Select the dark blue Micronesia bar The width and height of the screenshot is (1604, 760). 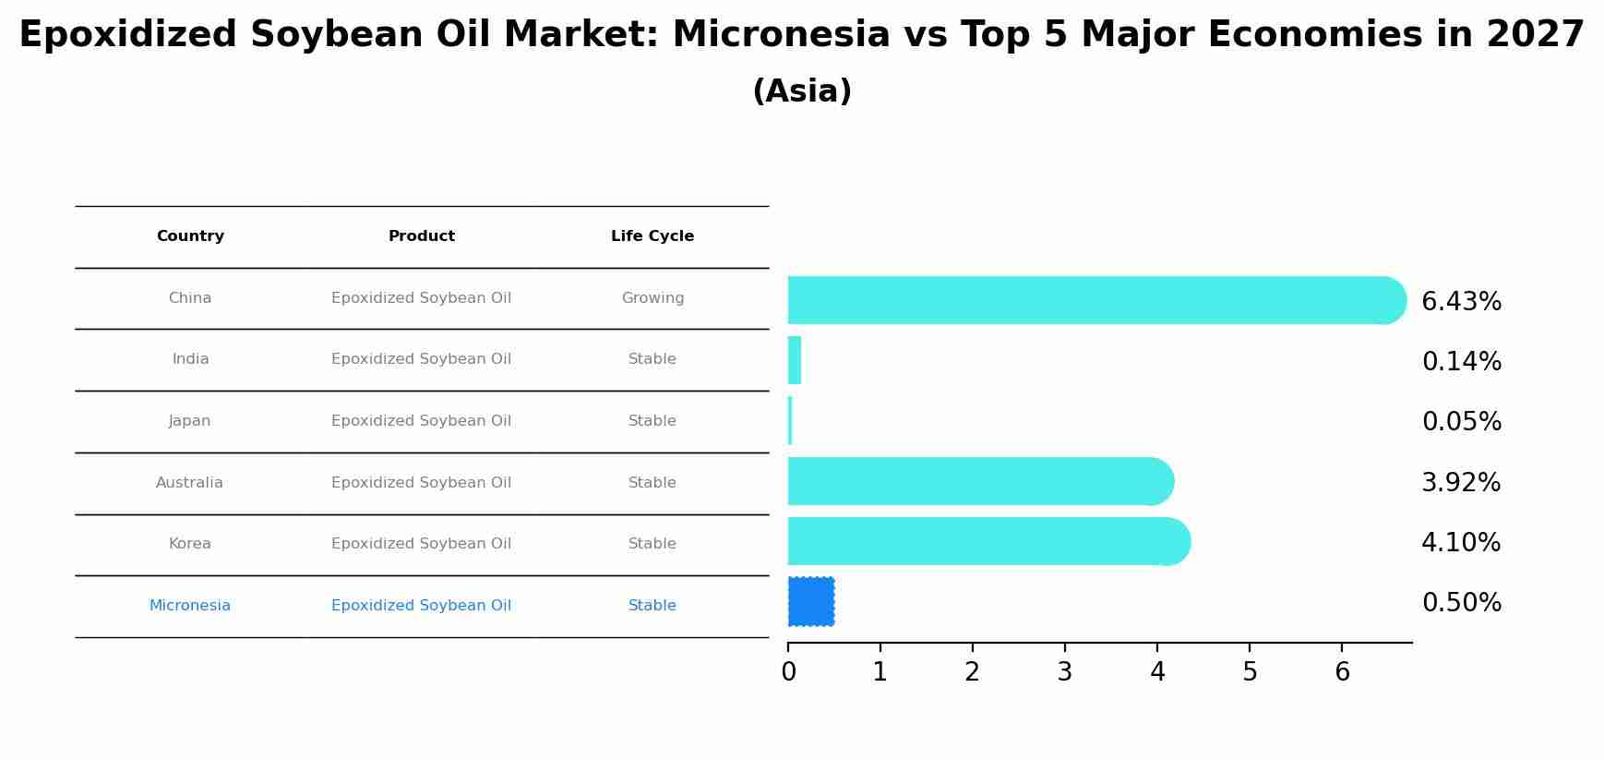pyautogui.click(x=811, y=601)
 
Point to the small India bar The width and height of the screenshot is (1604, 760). pyautogui.click(x=795, y=360)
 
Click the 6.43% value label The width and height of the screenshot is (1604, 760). pyautogui.click(x=1461, y=302)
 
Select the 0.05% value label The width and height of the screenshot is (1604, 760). pyautogui.click(x=1461, y=422)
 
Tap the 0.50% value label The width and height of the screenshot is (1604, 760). pyautogui.click(x=1461, y=603)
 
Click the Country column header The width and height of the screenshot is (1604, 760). pyautogui.click(x=190, y=236)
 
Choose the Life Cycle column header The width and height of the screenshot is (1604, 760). pyautogui.click(x=652, y=236)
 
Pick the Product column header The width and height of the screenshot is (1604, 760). pyautogui.click(x=421, y=236)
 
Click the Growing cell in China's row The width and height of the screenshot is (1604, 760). pyautogui.click(x=652, y=298)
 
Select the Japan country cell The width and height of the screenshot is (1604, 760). pyautogui.click(x=189, y=421)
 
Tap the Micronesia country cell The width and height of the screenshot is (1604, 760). pyautogui.click(x=189, y=606)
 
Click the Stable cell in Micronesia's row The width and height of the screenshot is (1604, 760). pyautogui.click(x=652, y=606)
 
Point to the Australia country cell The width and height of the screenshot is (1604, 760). pyautogui.click(x=189, y=483)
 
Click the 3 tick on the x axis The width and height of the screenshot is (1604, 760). pyautogui.click(x=1065, y=672)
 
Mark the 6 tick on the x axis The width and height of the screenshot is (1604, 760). pyautogui.click(x=1342, y=672)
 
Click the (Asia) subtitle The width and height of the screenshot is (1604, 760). pyautogui.click(x=802, y=91)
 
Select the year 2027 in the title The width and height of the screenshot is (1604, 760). pyautogui.click(x=1535, y=35)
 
